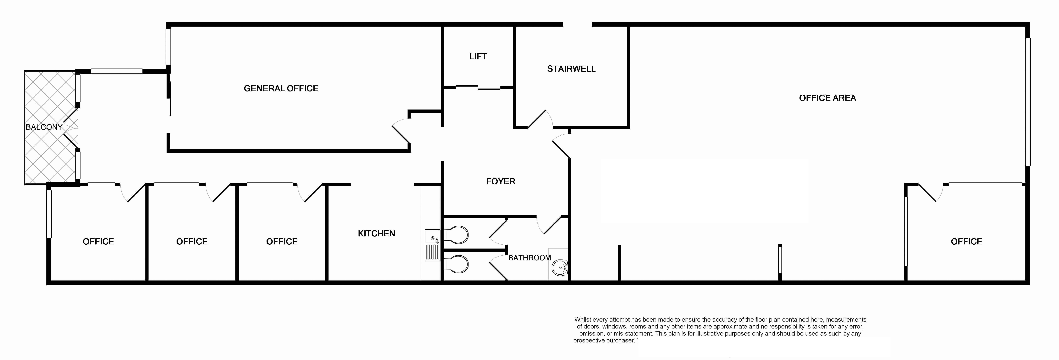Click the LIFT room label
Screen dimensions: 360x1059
[478, 56]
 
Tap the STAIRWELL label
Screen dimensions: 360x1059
[571, 69]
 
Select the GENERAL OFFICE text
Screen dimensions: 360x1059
[281, 88]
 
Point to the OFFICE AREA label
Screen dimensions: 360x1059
[827, 98]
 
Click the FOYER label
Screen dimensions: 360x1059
[500, 181]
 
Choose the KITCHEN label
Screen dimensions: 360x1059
[376, 233]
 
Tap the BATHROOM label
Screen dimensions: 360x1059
[529, 258]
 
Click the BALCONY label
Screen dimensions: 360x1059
[44, 127]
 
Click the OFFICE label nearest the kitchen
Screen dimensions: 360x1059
[282, 242]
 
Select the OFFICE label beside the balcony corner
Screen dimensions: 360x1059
[98, 242]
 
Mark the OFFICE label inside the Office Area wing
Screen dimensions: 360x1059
[966, 242]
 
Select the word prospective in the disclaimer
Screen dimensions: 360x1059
[589, 340]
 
